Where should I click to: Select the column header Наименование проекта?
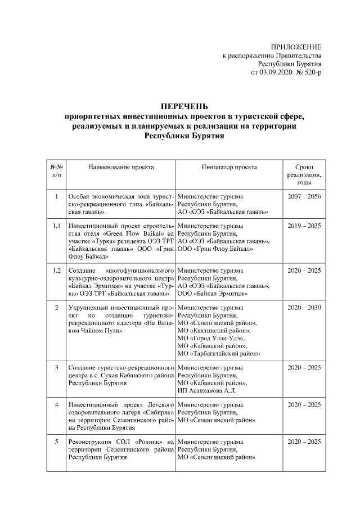tap(121, 167)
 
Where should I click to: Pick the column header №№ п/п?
tap(56, 171)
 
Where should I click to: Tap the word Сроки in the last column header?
tap(304, 167)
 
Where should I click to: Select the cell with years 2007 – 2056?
tap(304, 196)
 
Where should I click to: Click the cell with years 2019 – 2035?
tap(304, 226)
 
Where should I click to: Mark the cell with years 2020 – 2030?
tap(304, 308)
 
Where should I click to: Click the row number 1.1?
tap(56, 226)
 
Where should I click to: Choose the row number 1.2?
tap(56, 271)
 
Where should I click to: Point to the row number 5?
tap(56, 442)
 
